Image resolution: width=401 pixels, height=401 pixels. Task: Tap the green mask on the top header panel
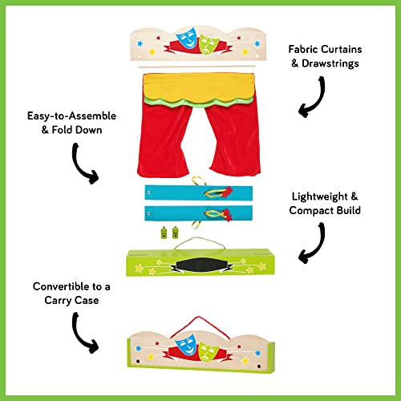tap(208, 42)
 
